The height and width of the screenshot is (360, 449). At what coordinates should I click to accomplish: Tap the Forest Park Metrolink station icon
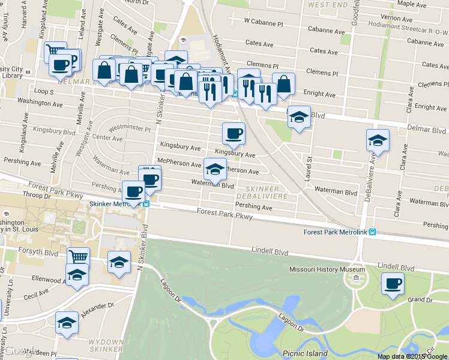(373, 232)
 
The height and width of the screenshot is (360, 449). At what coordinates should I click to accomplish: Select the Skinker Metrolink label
(115, 204)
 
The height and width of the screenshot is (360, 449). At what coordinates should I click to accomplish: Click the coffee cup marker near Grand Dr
(393, 283)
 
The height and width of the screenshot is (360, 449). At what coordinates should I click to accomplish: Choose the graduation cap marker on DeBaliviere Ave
(378, 141)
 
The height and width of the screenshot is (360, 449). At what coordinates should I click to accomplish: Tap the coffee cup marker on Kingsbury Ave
(234, 134)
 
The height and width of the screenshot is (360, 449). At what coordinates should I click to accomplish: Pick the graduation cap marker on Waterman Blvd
(214, 170)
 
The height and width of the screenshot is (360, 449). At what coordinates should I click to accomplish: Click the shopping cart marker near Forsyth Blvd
(77, 258)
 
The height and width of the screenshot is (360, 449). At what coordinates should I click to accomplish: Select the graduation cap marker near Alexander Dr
(67, 323)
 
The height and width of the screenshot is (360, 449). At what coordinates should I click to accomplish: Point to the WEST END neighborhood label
(327, 5)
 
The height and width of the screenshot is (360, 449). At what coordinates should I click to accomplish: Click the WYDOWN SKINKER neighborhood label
(105, 344)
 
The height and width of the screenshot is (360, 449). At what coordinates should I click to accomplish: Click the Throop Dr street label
(36, 196)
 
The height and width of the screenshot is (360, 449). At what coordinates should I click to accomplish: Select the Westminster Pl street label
(129, 128)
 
